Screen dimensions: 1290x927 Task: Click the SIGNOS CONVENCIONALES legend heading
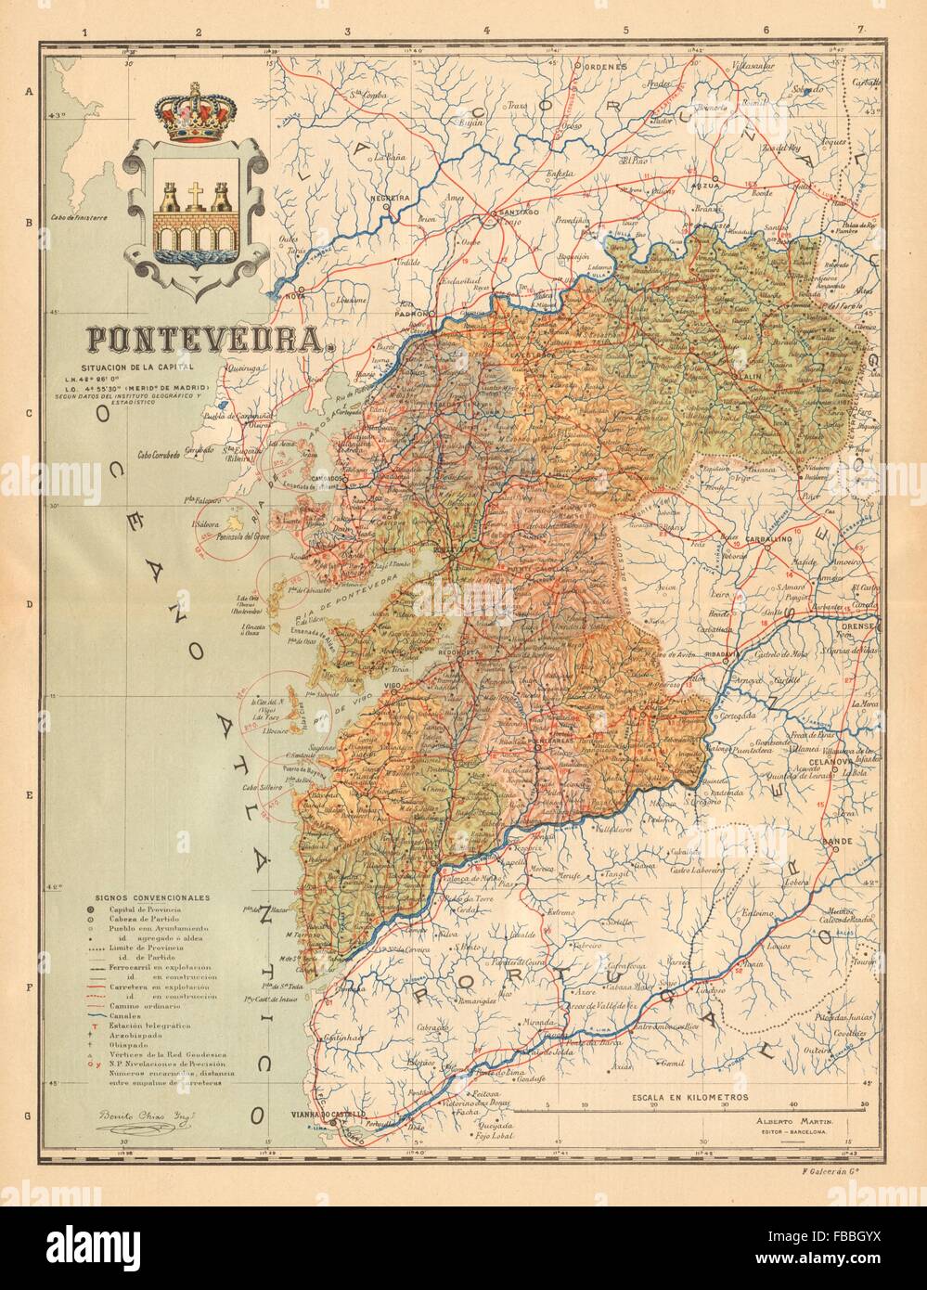[x=156, y=898]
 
